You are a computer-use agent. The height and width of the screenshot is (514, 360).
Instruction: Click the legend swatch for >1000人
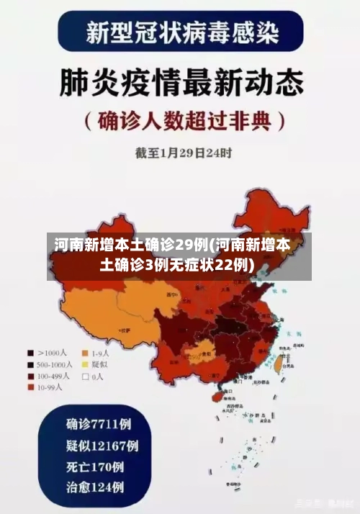tap(31, 353)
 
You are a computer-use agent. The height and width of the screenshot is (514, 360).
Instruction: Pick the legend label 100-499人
tap(53, 376)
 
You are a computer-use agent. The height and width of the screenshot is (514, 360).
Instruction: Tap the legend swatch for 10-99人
tap(31, 387)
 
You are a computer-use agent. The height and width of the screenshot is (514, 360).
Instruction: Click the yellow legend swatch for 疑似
tap(86, 365)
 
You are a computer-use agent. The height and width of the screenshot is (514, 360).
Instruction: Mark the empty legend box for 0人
tap(86, 376)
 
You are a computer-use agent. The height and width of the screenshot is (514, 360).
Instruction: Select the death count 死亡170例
tap(94, 466)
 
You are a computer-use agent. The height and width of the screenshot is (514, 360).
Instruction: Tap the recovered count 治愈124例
tap(94, 487)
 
